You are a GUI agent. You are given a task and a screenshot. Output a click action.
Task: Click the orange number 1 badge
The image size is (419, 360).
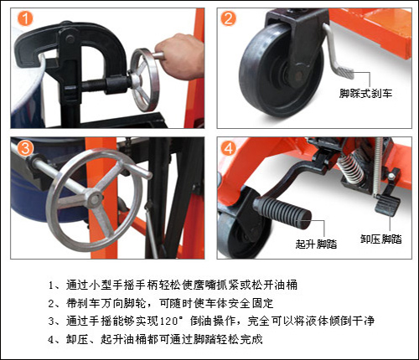tap(25, 18)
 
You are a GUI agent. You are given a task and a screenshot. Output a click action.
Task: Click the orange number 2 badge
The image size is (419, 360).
tap(228, 18)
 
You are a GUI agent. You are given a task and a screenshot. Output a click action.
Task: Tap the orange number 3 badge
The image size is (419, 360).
tap(25, 147)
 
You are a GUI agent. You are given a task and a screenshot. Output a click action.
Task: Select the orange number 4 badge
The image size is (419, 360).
tap(229, 148)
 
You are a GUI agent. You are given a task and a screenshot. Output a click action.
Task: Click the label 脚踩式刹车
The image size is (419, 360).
tap(365, 93)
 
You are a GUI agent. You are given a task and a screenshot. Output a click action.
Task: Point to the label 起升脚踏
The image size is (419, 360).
tap(316, 244)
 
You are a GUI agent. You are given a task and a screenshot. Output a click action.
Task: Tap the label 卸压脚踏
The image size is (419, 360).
tap(380, 239)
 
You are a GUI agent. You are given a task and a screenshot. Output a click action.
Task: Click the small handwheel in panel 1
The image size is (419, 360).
tap(144, 80)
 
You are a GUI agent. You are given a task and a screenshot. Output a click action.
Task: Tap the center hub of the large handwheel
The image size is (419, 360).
tap(95, 198)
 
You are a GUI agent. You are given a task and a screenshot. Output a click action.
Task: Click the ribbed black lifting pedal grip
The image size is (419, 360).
tap(282, 211)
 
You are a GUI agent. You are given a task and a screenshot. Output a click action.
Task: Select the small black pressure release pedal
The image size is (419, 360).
tap(387, 205)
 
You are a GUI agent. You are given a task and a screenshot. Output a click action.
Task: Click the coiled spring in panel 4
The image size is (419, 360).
tap(351, 167)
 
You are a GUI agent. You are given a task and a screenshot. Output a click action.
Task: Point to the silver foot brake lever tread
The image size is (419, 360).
tap(344, 72)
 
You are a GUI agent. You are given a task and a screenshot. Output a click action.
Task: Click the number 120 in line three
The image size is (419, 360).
tap(169, 321)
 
